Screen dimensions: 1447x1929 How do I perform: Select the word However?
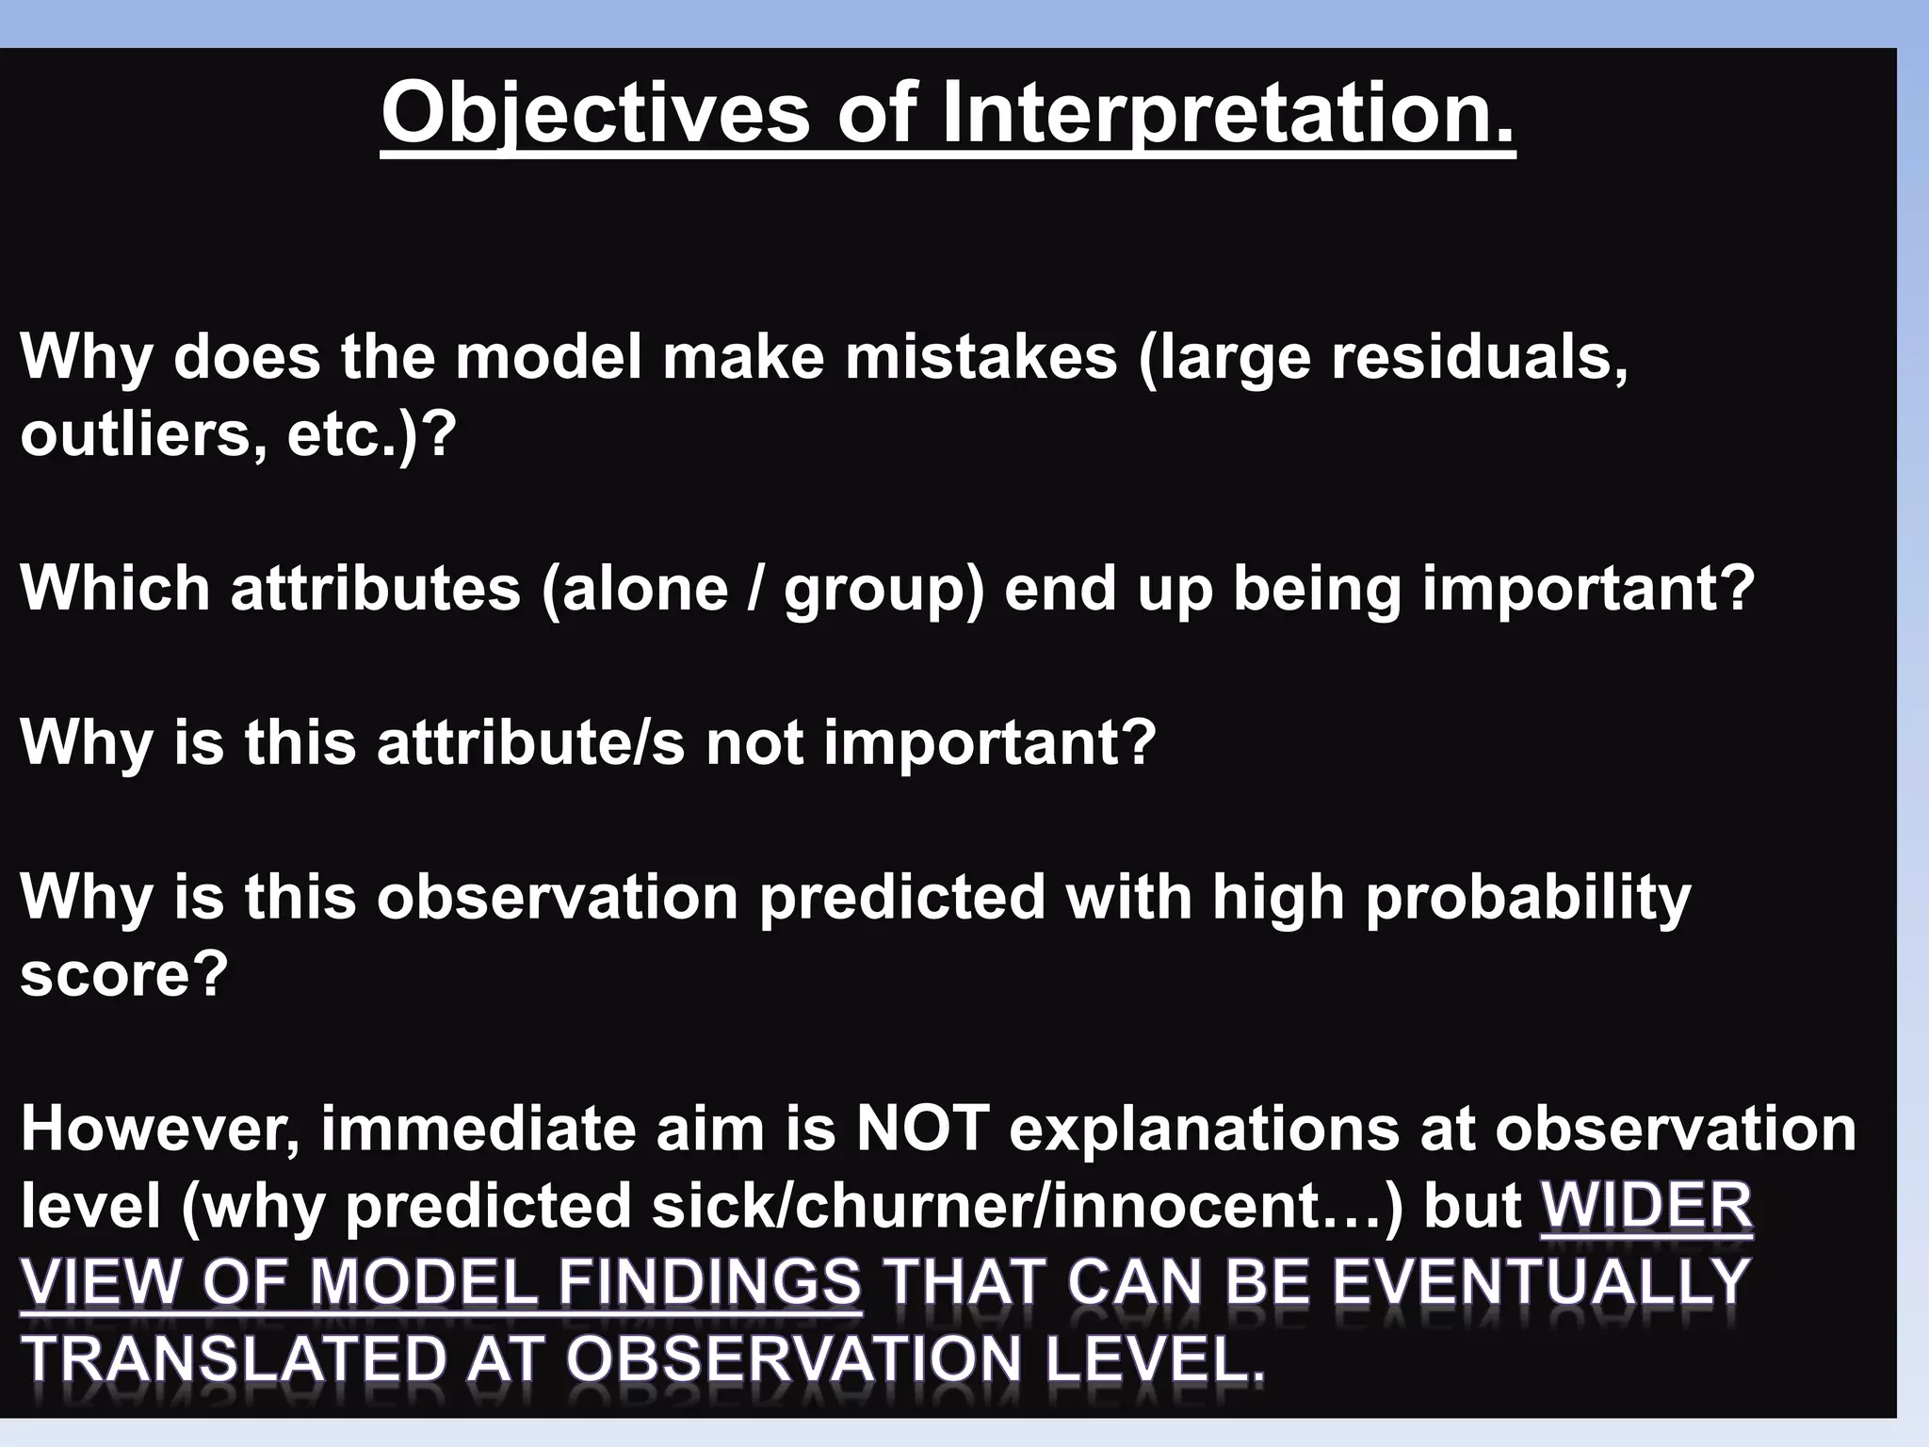click(160, 1129)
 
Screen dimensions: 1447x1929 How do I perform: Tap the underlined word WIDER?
click(1646, 1206)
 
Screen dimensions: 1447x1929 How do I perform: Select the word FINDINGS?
click(709, 1283)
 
